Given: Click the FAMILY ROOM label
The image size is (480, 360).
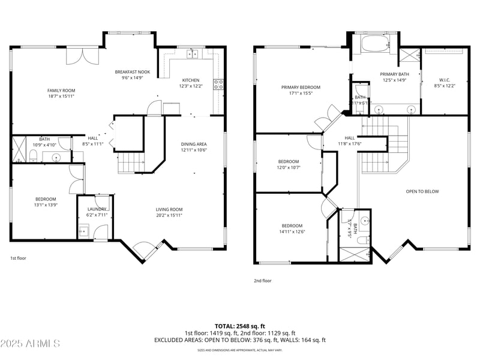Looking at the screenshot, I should coord(61,91).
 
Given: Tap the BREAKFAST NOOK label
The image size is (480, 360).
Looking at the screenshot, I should coord(133,72).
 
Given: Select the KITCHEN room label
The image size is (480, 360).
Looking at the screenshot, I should coord(191,80).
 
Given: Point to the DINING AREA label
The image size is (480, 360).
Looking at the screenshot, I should coord(194,144).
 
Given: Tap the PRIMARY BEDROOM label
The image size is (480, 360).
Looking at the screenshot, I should coord(301,88).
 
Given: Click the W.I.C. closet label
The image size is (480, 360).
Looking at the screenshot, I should coord(445,80).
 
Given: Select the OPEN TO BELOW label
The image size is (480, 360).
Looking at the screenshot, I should coord(422,191).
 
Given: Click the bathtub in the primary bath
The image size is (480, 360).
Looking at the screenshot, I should coord(375,44).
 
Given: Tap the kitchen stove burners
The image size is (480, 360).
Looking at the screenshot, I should coord(218,83).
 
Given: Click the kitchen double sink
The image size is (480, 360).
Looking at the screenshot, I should coord(192,54).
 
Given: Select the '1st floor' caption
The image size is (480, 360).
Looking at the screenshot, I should coord(18,258).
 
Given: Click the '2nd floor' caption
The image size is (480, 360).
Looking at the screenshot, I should coord(263,280).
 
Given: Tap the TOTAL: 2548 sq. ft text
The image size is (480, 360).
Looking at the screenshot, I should coord(239,326).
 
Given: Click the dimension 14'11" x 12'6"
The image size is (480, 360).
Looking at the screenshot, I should coord(292,232).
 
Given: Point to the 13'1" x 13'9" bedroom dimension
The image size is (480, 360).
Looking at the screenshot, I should coord(46,205).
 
